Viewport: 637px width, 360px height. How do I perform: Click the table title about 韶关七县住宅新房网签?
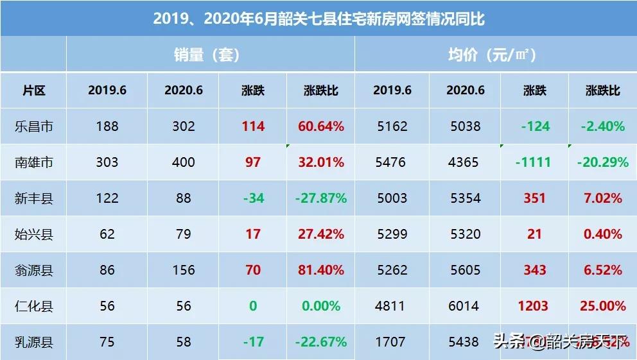[x=318, y=19]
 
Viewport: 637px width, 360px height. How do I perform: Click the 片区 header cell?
[x=33, y=90]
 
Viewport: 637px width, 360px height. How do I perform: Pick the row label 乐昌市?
[x=33, y=126]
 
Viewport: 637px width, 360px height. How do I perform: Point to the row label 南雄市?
[x=33, y=162]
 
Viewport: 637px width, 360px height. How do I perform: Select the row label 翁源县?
[x=33, y=270]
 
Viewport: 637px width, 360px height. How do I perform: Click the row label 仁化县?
[x=33, y=306]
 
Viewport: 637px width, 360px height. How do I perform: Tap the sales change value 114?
[x=253, y=126]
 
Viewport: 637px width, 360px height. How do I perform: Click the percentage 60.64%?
[x=320, y=126]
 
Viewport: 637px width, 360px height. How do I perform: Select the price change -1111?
[x=533, y=162]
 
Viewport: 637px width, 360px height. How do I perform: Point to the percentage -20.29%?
[x=602, y=162]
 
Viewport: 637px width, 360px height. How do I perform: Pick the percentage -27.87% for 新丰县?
[x=320, y=198]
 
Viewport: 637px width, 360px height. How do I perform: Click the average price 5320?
[x=466, y=234]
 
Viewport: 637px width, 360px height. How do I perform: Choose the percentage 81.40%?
[x=320, y=270]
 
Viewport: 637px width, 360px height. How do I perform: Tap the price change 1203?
[x=533, y=306]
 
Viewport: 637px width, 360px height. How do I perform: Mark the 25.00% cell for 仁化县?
[x=602, y=306]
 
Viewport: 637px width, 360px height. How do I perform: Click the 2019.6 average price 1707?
[x=392, y=342]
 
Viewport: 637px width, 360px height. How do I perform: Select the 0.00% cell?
[x=320, y=306]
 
